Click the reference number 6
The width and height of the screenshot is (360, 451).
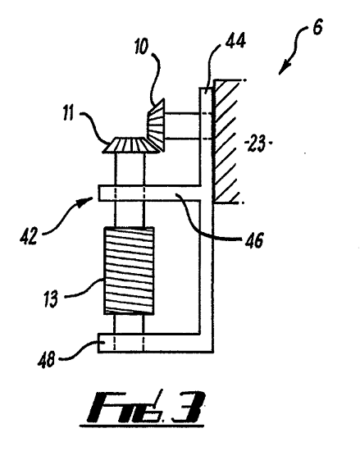[317, 27]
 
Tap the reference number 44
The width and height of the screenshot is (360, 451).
[235, 40]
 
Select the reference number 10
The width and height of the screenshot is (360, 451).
[141, 46]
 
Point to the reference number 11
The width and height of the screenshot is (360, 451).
[68, 113]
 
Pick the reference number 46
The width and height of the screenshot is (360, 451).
[254, 240]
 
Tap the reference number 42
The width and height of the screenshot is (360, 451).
[29, 236]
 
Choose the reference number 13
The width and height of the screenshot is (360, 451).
[51, 298]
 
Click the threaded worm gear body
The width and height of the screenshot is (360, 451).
[129, 271]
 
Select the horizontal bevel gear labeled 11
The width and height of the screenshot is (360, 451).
[130, 144]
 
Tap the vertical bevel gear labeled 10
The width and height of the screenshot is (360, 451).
[156, 125]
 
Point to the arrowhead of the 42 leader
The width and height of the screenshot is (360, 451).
[88, 200]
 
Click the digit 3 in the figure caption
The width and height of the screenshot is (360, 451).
[188, 407]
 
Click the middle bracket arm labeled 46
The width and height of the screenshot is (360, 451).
[149, 193]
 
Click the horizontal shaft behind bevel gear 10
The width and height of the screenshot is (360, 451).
[182, 126]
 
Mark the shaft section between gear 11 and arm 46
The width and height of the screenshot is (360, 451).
[130, 169]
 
